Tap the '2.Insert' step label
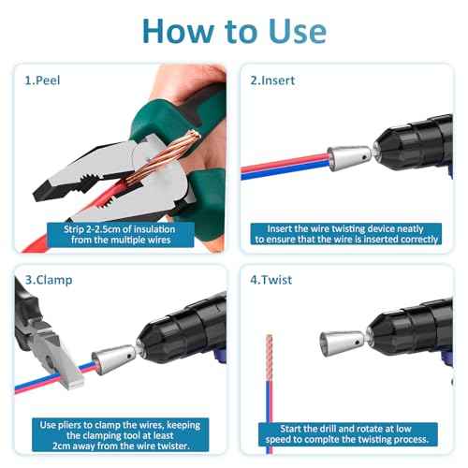tap(272, 80)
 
